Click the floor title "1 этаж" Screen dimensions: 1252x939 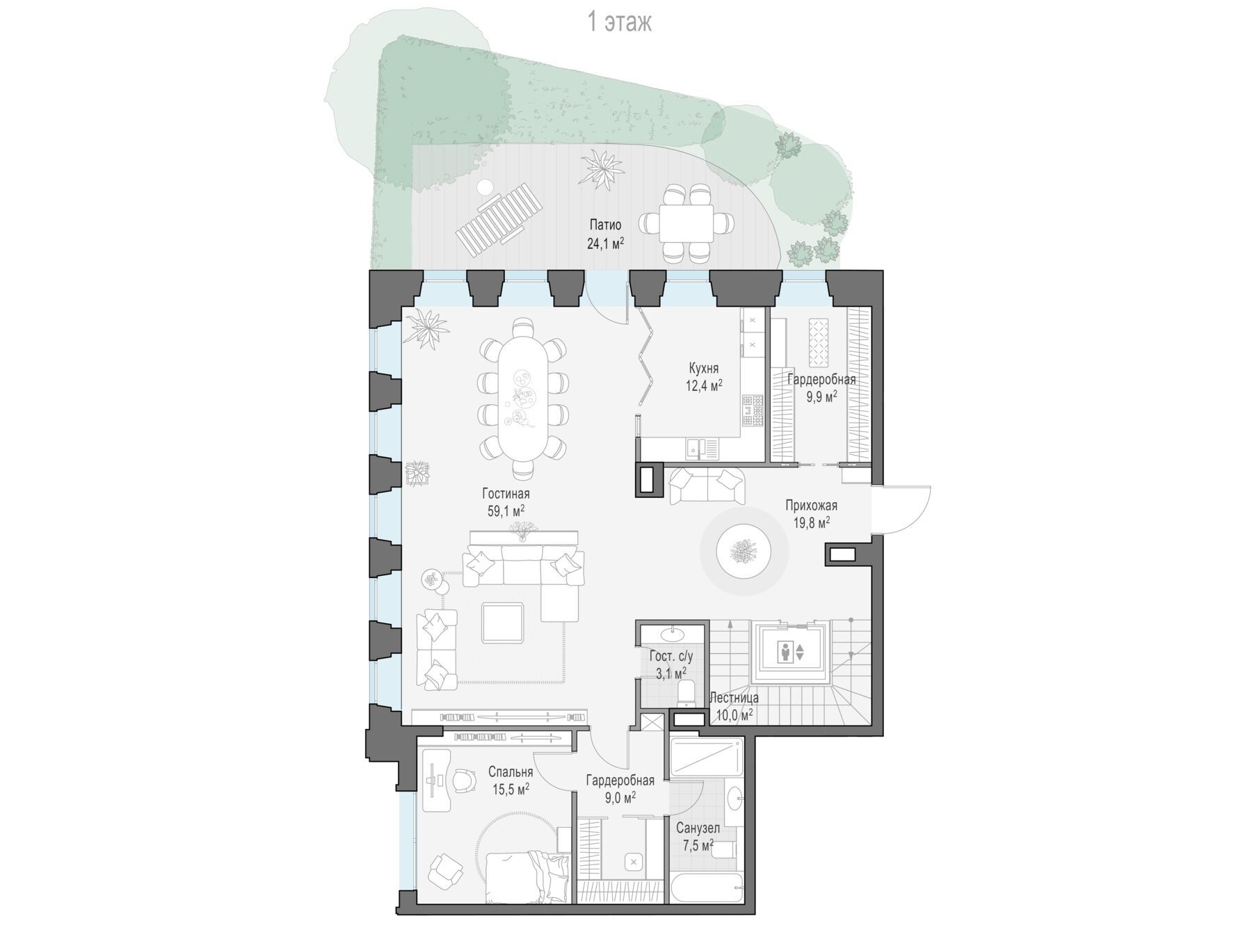(x=620, y=22)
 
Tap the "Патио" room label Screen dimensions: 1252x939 (x=605, y=225)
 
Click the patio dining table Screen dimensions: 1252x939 (x=686, y=223)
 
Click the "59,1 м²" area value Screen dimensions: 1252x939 (x=506, y=511)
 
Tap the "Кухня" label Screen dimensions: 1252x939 (x=704, y=368)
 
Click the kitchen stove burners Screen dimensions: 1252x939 (x=753, y=410)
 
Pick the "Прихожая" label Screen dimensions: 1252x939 (x=811, y=506)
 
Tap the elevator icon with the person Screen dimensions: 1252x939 (x=791, y=652)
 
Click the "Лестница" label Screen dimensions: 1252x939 (x=734, y=698)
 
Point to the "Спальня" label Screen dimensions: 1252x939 (x=511, y=772)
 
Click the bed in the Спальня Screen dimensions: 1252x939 (x=527, y=877)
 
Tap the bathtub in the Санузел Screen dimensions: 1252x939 (x=706, y=890)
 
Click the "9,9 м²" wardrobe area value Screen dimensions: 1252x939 (x=821, y=396)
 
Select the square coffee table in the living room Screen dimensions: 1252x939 (x=503, y=623)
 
